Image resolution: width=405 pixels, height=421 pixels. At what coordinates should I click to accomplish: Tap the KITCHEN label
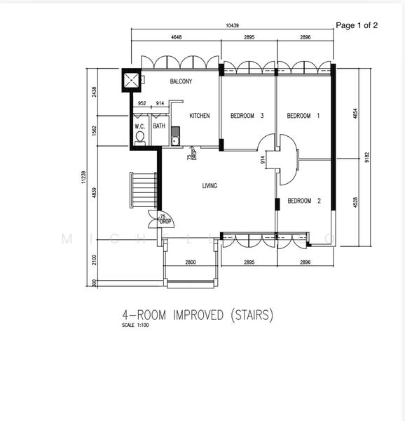click(200, 116)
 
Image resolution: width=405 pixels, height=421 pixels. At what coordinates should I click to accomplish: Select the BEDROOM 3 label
click(247, 116)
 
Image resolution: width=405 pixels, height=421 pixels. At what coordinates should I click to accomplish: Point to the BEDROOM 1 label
click(303, 116)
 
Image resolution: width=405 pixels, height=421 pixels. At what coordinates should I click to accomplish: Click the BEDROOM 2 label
click(304, 201)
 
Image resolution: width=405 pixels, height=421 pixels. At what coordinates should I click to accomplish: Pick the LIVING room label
click(209, 186)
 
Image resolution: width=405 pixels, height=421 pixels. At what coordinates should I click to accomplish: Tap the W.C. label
click(139, 126)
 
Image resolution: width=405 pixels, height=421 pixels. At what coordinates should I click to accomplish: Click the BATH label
click(159, 126)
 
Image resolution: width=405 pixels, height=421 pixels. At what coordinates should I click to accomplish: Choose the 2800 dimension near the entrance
click(191, 262)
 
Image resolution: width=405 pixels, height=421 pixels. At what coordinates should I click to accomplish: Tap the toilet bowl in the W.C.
click(139, 138)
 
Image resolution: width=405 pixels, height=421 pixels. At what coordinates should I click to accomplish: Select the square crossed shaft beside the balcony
click(131, 81)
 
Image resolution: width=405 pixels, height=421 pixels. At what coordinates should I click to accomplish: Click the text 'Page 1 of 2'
click(357, 25)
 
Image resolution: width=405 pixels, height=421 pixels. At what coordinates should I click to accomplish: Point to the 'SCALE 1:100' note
click(135, 326)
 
